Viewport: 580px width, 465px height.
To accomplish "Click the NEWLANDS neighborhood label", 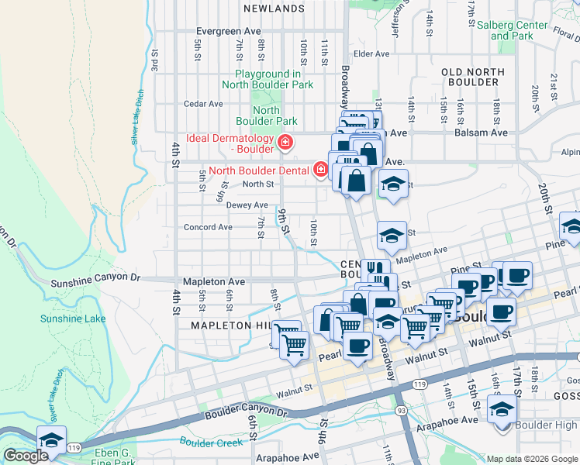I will pyautogui.click(x=273, y=9).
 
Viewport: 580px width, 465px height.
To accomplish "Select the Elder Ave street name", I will pyautogui.click(x=371, y=53).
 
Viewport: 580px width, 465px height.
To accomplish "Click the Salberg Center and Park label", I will pyautogui.click(x=512, y=30).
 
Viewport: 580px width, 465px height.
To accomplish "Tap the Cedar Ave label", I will pyautogui.click(x=203, y=103).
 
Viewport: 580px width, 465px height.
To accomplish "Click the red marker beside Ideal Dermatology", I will pyautogui.click(x=285, y=142).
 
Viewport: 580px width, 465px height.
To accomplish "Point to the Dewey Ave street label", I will pyautogui.click(x=247, y=205).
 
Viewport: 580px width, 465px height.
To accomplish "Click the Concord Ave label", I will pyautogui.click(x=207, y=227).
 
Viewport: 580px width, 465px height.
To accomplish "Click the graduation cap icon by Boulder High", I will pyautogui.click(x=502, y=408).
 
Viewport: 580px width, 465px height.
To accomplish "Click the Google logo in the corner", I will pyautogui.click(x=26, y=456).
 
